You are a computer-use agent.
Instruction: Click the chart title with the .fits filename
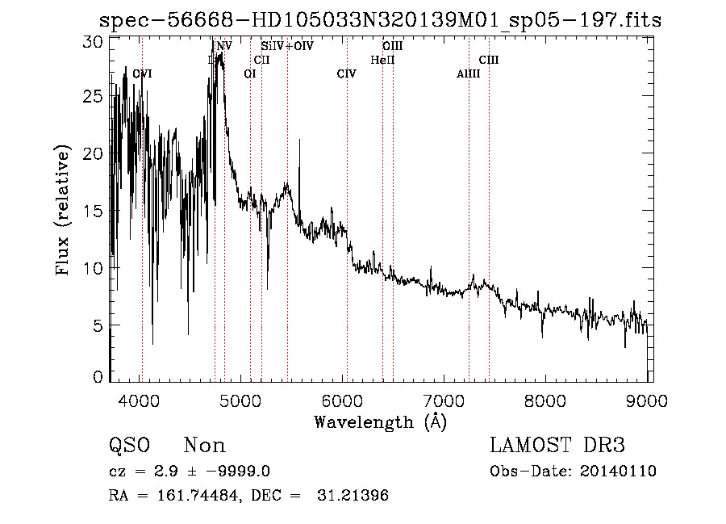379,19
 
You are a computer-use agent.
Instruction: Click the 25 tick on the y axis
94,96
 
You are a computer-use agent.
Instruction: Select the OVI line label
142,74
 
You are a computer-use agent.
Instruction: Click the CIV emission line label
346,74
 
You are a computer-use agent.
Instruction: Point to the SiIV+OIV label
286,47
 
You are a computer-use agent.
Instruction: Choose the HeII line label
382,60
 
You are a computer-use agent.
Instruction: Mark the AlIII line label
468,74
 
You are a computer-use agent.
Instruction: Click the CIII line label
489,60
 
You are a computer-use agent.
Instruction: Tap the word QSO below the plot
128,446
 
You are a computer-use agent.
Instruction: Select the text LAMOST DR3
557,446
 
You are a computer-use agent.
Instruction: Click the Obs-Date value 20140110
621,472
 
